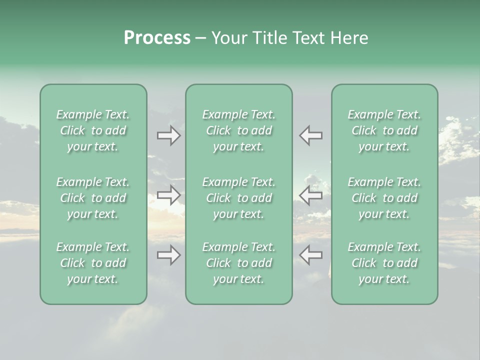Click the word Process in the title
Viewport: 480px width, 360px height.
(x=157, y=38)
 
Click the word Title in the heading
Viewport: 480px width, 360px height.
(x=268, y=38)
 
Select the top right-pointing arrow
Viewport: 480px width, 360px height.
(x=169, y=135)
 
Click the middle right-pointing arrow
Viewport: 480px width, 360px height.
(x=169, y=194)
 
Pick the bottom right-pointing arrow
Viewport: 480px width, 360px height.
(x=169, y=255)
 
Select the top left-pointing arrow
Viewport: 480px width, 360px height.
(x=311, y=135)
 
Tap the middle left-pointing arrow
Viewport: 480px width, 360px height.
(x=311, y=194)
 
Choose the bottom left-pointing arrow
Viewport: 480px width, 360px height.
(x=311, y=255)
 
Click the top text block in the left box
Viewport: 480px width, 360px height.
(x=93, y=130)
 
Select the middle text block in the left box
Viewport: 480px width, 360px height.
(x=93, y=198)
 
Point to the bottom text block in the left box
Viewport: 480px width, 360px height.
(x=93, y=263)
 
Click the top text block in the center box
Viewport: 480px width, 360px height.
(x=239, y=130)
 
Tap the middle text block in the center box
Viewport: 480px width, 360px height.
(x=239, y=198)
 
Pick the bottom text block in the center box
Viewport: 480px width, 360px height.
(x=239, y=263)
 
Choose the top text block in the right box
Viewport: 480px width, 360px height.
(x=384, y=130)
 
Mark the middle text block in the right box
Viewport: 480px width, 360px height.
(x=384, y=198)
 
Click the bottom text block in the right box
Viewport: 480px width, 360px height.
(x=384, y=263)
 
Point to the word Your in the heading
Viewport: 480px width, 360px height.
(x=229, y=38)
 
